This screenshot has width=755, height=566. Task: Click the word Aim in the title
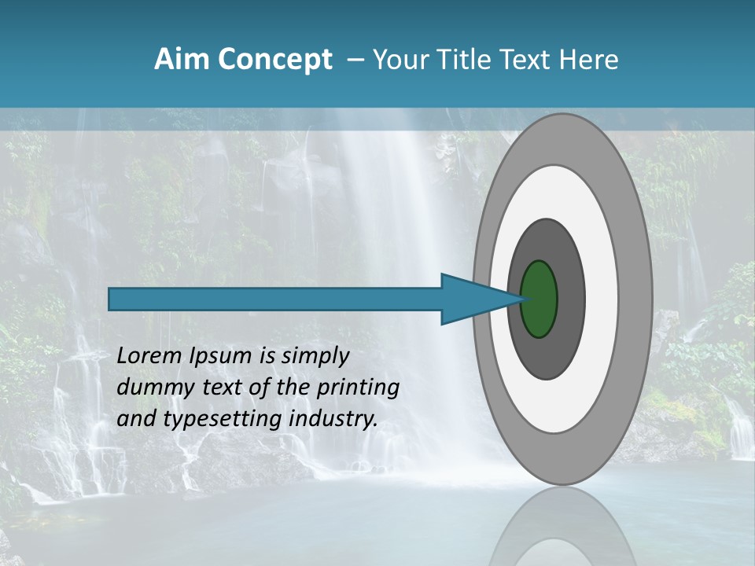[182, 60]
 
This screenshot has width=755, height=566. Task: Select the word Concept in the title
[274, 60]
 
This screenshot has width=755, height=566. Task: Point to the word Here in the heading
[589, 60]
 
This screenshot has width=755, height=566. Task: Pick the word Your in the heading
[400, 60]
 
